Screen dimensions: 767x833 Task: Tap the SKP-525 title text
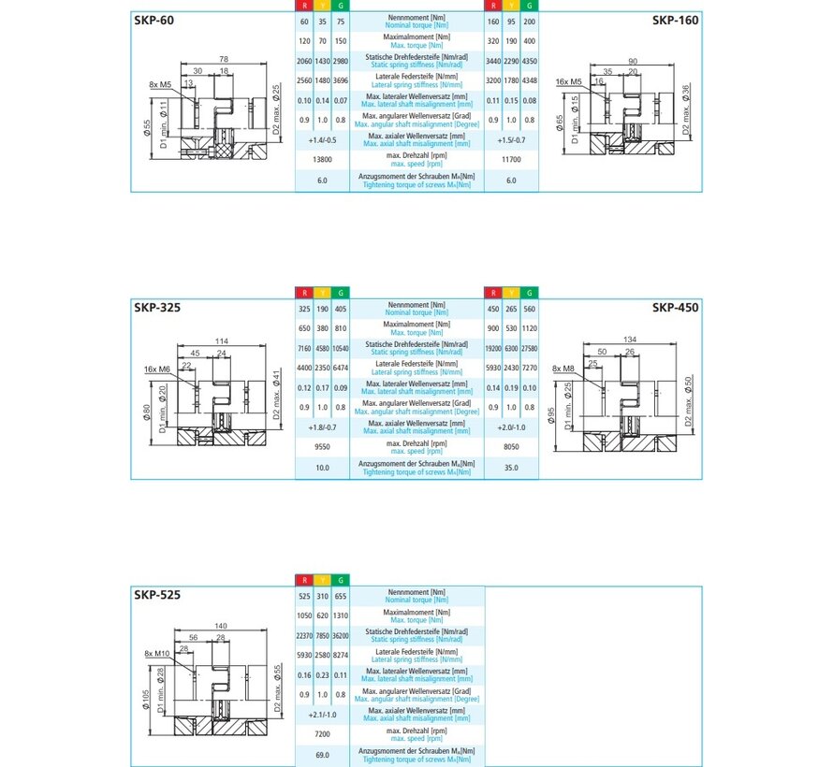click(157, 594)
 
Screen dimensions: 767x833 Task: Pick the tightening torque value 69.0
click(322, 754)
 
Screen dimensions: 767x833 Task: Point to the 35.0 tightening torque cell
click(511, 466)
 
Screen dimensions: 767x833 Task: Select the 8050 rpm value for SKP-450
click(511, 447)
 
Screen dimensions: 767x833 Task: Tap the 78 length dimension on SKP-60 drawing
click(223, 60)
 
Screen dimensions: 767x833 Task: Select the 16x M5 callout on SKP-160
click(570, 82)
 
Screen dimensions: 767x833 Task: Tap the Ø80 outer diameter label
click(147, 412)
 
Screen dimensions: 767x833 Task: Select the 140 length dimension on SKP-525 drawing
click(222, 625)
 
